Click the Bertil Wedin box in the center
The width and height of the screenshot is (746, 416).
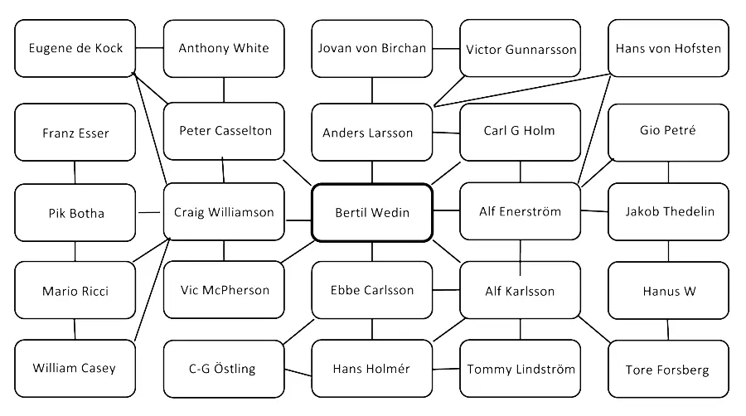pos(372,213)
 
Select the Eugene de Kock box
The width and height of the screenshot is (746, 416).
pos(75,48)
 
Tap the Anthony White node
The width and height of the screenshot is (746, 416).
pos(224,48)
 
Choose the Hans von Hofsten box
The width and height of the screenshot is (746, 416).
pos(668,48)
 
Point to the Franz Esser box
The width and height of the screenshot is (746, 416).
pos(75,133)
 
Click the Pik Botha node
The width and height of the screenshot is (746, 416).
pos(75,213)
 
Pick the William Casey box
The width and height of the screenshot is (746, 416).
pos(75,368)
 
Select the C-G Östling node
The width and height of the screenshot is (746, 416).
pos(222,369)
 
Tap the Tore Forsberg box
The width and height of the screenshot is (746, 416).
pos(668,370)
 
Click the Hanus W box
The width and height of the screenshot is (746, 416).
pos(668,291)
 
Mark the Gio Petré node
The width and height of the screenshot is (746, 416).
pos(668,131)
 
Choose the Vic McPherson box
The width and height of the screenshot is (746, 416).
pos(224,290)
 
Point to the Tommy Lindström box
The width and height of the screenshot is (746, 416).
pos(521,369)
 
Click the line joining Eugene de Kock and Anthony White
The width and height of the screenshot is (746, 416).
pos(149,47)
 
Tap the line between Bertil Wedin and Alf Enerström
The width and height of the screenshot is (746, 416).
pos(446,211)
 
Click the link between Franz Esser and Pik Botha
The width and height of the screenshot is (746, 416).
pos(75,172)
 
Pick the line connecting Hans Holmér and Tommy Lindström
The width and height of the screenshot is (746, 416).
pos(446,369)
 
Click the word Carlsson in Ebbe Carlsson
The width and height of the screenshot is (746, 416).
pos(389,291)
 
